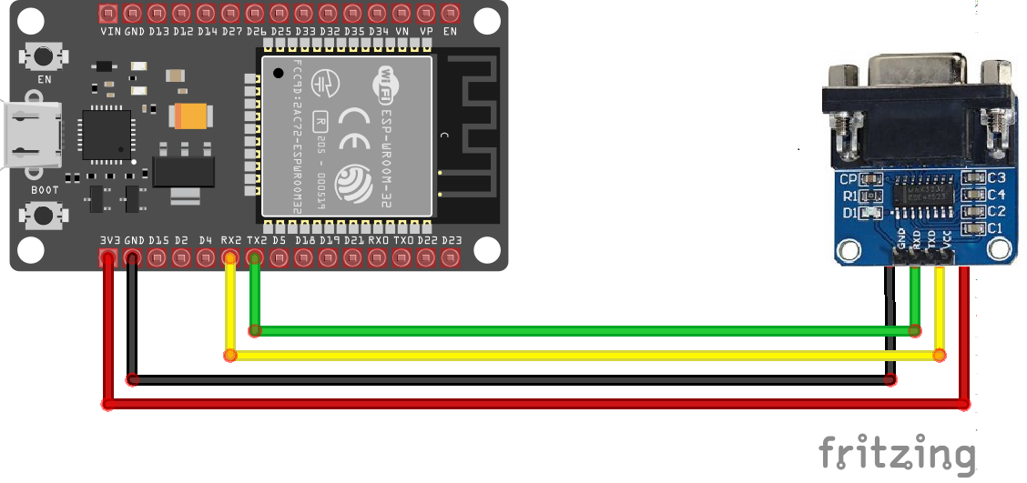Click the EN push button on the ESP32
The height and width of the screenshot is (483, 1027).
(42, 57)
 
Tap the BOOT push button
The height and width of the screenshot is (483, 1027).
(42, 216)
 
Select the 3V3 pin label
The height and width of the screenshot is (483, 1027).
(109, 240)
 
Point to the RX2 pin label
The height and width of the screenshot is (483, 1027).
(230, 240)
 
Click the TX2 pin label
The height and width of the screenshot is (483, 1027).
(256, 240)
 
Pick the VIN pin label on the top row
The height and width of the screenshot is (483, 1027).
(110, 31)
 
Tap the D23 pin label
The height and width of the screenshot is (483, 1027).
(451, 240)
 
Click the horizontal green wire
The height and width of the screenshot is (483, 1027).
(583, 330)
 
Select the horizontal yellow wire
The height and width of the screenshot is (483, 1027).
(583, 355)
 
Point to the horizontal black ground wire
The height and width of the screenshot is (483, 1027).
(510, 379)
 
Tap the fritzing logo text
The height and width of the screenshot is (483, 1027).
(897, 452)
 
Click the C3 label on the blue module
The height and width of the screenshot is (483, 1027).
(996, 177)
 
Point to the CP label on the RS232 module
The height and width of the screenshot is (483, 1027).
(849, 179)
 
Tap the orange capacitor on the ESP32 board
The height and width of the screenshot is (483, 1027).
(192, 116)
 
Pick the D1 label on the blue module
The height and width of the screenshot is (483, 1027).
(849, 214)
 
